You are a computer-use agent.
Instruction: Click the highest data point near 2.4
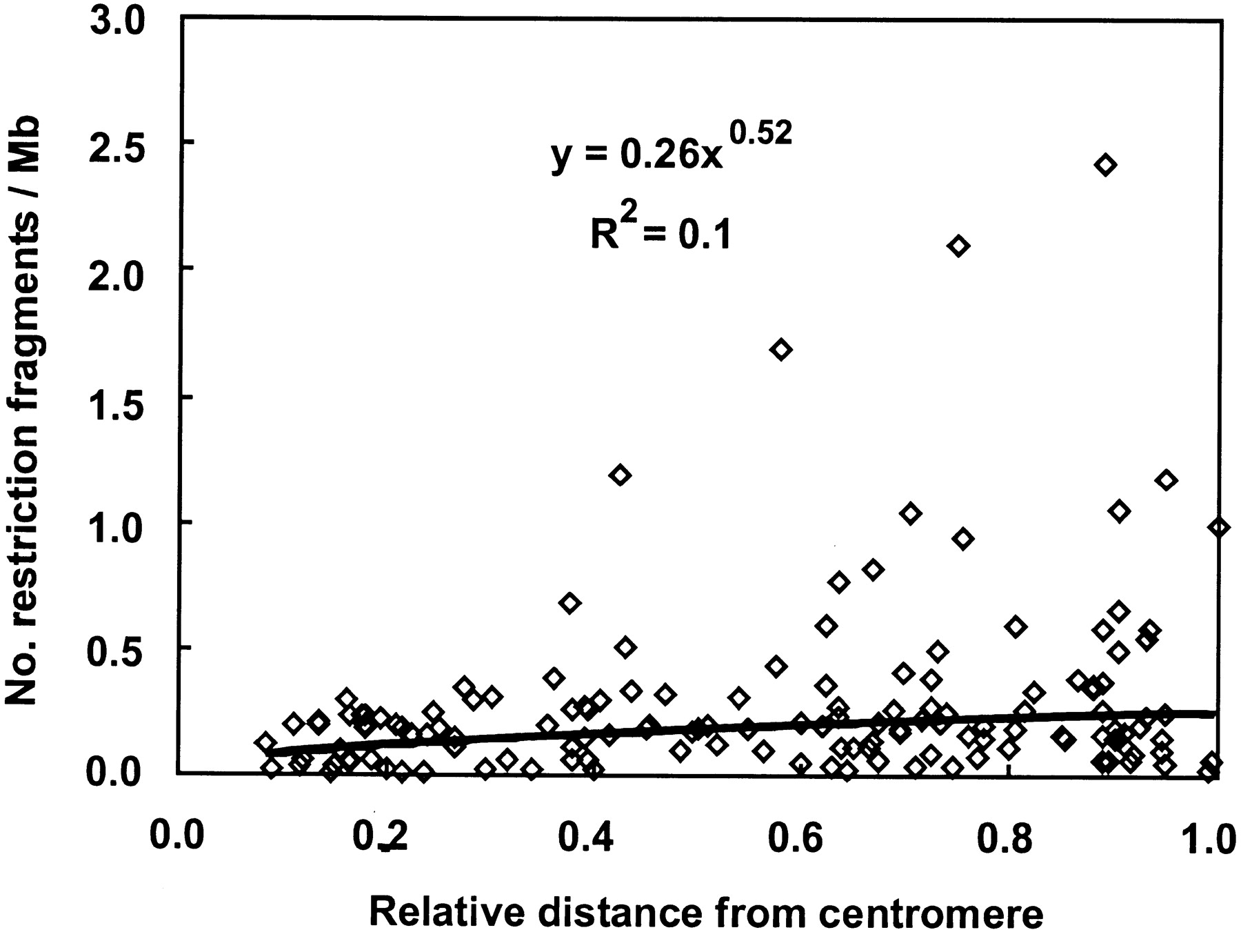[1105, 165]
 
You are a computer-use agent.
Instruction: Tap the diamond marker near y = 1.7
[780, 350]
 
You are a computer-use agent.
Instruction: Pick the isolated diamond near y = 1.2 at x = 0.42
[620, 475]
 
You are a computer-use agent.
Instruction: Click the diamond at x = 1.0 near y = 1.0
[1219, 527]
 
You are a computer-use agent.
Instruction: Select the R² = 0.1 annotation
[660, 233]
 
